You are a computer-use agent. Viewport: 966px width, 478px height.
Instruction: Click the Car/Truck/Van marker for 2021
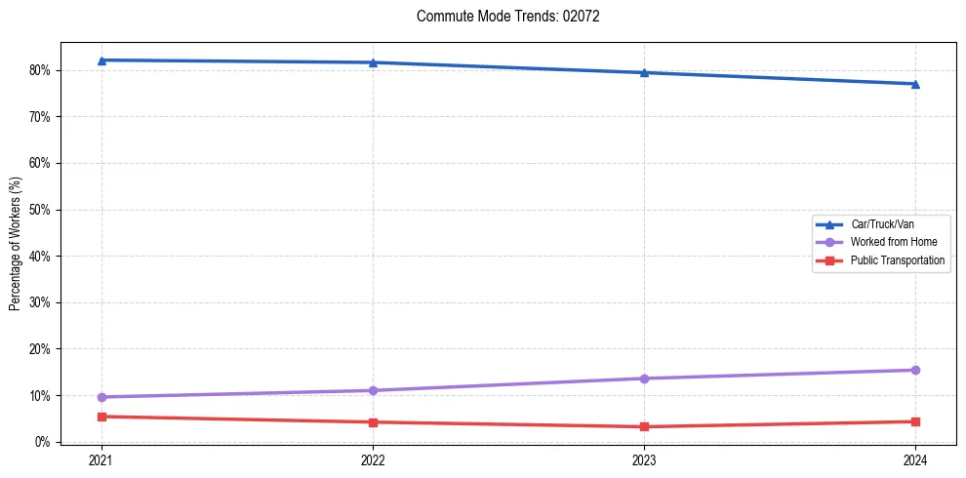click(101, 60)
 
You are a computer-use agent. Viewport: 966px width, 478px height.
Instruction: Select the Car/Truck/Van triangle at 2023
click(644, 72)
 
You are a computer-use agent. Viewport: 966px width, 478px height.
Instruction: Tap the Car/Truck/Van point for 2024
click(915, 84)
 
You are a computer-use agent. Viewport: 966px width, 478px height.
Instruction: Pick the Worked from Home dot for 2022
click(373, 390)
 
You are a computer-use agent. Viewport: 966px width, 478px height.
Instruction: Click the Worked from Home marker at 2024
click(915, 370)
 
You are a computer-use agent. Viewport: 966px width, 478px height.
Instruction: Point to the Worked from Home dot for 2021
click(101, 397)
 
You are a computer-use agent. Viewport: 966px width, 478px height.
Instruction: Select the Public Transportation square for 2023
click(644, 426)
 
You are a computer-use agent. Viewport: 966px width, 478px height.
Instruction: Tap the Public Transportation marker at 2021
click(101, 417)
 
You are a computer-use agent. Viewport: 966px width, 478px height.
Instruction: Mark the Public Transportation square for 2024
click(915, 421)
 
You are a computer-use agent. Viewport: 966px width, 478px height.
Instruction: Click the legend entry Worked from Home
click(887, 242)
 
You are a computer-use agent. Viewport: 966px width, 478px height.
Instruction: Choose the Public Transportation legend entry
click(897, 260)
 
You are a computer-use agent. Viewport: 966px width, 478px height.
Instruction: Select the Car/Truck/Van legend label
click(882, 224)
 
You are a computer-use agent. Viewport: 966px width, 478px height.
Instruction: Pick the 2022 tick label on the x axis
click(373, 460)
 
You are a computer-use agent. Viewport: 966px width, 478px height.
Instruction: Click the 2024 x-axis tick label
click(915, 460)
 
